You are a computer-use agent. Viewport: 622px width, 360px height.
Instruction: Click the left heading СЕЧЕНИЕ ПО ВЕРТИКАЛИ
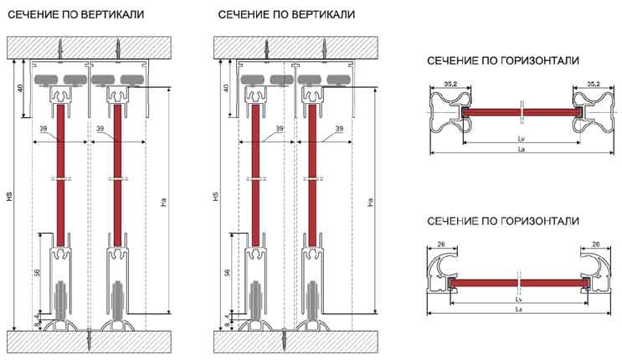click(x=75, y=16)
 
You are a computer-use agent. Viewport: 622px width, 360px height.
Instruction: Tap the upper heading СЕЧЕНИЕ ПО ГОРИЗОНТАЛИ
click(x=503, y=61)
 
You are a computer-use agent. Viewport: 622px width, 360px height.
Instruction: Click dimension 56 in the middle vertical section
click(x=228, y=273)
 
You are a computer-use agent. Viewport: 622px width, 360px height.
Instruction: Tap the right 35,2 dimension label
click(x=591, y=84)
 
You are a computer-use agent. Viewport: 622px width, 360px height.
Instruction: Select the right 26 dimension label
click(x=596, y=245)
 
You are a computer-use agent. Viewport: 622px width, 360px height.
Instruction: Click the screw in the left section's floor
click(x=89, y=339)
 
